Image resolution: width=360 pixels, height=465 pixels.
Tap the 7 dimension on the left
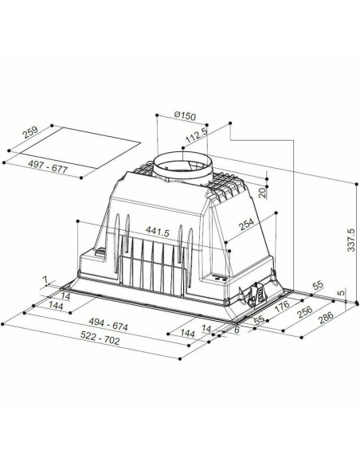[46, 280]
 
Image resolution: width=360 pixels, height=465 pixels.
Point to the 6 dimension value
[237, 330]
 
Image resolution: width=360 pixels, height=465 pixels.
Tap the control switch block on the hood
[260, 295]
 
